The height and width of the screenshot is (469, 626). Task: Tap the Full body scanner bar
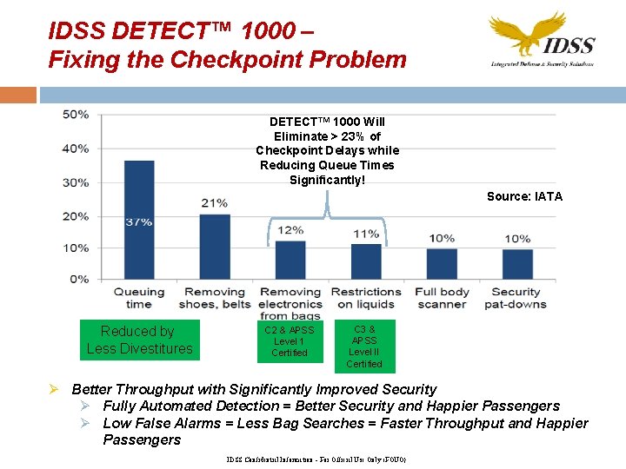[442, 264]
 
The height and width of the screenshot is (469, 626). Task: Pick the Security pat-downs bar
[517, 264]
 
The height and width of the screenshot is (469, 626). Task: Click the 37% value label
[139, 222]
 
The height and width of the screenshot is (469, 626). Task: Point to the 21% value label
[214, 203]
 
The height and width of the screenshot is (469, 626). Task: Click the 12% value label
[290, 230]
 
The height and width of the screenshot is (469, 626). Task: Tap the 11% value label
[366, 234]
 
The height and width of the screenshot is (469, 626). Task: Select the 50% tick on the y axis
[76, 115]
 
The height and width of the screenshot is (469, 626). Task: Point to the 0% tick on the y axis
[79, 279]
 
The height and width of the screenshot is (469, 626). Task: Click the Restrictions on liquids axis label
[366, 298]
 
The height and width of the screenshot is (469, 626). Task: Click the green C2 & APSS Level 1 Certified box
[290, 341]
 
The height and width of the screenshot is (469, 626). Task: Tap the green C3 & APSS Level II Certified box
[364, 347]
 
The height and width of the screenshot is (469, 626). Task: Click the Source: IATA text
[524, 196]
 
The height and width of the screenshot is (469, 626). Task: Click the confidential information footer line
[316, 459]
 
